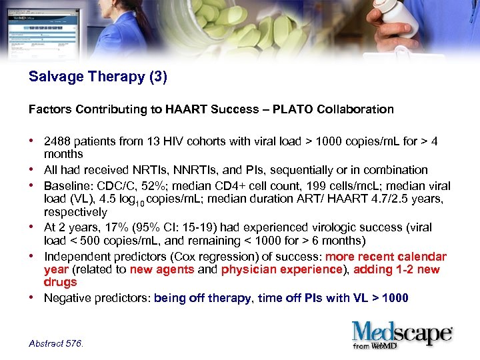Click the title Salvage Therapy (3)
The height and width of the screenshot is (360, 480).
tap(98, 77)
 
